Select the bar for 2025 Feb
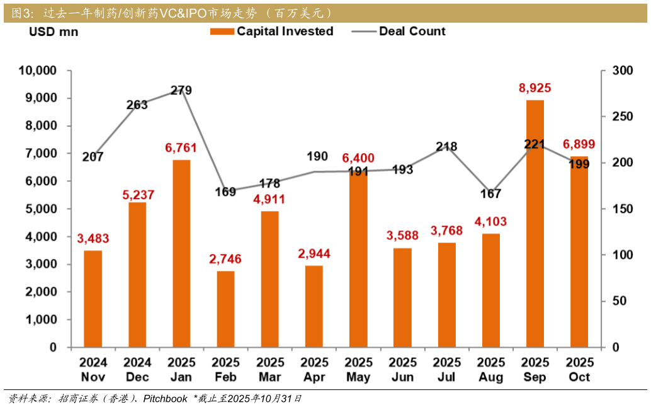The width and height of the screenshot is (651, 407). point(225,309)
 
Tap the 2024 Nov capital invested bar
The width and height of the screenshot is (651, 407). point(93,299)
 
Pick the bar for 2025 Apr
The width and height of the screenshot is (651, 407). point(314,306)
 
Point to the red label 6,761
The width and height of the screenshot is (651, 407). point(181,148)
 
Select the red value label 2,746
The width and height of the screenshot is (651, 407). point(225,259)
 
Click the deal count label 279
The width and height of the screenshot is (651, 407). point(181,91)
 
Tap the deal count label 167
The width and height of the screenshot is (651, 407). point(490,194)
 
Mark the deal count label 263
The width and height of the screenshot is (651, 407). point(137,105)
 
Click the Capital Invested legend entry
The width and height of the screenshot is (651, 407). point(272,32)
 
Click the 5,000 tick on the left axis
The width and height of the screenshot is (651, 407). point(42,209)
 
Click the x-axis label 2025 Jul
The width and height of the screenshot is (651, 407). point(446,370)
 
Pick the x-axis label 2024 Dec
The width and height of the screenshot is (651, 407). point(137,370)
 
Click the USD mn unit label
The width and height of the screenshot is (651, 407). point(54,32)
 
